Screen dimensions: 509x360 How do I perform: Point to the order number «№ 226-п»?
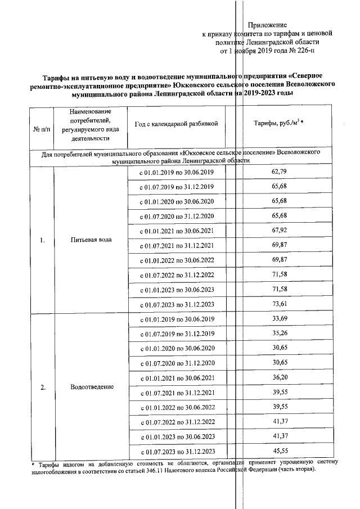(303, 51)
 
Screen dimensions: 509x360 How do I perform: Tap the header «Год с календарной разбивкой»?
(177, 123)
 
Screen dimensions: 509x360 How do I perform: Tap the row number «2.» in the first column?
(42, 387)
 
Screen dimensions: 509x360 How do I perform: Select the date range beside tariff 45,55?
(177, 452)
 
